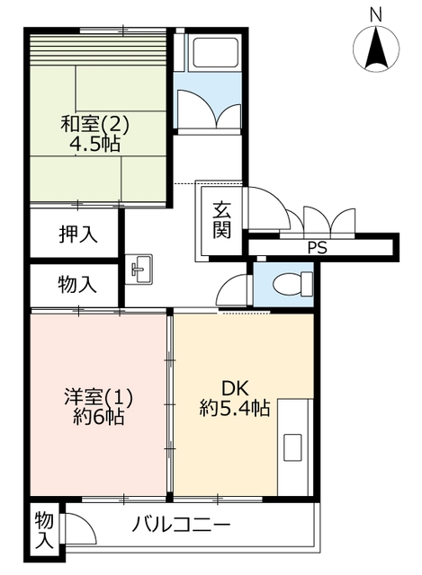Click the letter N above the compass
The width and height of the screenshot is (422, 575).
376,15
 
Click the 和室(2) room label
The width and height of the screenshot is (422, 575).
94,124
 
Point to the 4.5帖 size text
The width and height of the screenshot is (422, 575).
94,144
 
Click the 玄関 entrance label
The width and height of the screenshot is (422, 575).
222,220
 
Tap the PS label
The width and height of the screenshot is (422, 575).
318,248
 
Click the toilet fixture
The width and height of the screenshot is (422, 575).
293,284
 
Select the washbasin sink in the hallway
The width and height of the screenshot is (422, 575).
139,270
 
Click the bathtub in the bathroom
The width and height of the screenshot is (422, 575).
214,51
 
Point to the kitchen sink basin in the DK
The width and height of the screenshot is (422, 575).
292,447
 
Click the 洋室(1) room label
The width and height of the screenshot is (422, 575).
98,397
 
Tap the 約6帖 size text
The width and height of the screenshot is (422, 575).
98,417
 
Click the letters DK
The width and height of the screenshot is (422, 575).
235,388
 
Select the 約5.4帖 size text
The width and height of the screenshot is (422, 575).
235,407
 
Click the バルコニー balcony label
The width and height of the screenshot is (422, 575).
181,525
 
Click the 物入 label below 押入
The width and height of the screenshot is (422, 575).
77,285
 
